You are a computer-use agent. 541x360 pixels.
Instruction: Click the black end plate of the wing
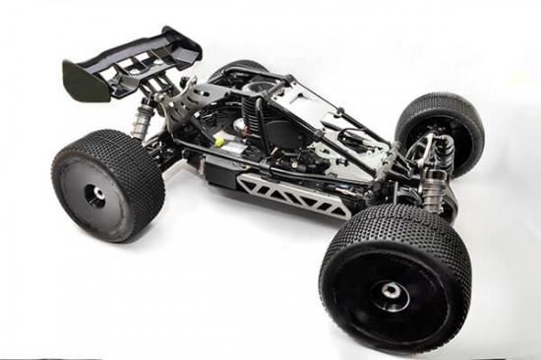pyautogui.click(x=85, y=80)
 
